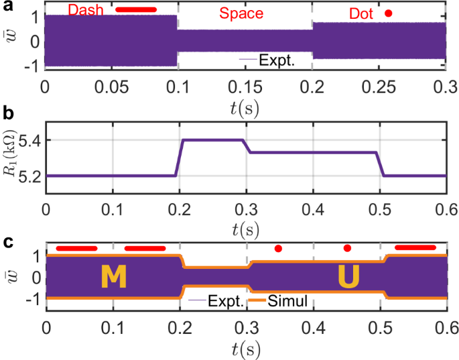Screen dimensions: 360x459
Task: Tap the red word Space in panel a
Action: point(244,13)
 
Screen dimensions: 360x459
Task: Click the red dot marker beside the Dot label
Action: point(387,13)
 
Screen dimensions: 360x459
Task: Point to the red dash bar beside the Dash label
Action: point(136,10)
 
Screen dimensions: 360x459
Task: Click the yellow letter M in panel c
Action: point(113,278)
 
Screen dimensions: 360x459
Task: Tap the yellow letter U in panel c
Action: point(348,278)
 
